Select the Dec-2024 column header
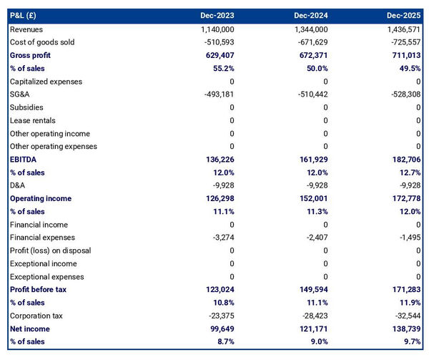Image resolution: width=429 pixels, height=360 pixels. (311, 15)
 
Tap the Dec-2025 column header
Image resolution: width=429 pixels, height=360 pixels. (404, 15)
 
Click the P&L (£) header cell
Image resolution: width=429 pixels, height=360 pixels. (25, 15)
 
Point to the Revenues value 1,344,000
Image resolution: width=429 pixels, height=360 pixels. (311, 29)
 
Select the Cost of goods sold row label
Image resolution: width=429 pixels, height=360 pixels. (42, 42)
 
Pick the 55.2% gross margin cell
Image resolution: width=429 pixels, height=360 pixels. (222, 68)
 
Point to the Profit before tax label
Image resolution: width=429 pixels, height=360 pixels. (39, 290)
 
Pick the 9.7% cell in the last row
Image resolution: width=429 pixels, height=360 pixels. (410, 341)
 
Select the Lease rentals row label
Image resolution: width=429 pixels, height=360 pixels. (33, 120)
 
